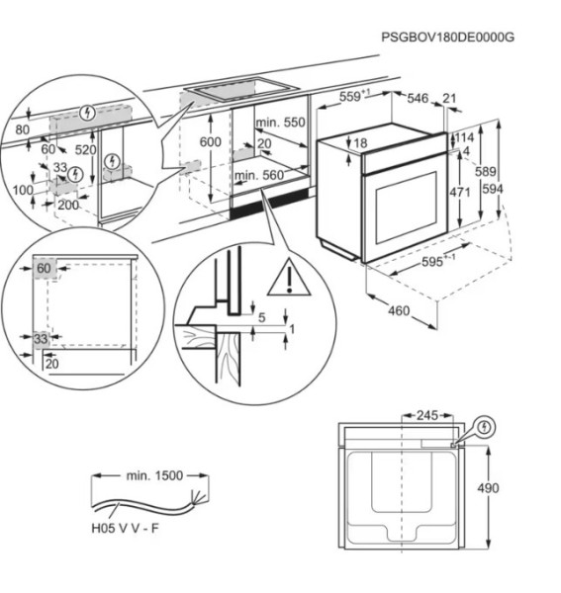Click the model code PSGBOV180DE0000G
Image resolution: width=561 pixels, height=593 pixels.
tap(448, 37)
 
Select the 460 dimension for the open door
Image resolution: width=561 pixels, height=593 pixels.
tap(398, 310)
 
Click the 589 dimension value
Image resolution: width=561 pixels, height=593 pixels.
tap(486, 173)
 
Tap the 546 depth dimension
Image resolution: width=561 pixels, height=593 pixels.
tap(419, 98)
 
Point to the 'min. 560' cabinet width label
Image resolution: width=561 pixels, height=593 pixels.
tap(259, 175)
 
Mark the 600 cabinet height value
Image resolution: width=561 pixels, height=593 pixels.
tap(211, 142)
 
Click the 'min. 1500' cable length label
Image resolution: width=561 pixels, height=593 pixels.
tap(154, 475)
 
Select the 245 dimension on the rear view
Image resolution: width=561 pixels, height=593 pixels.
tap(426, 415)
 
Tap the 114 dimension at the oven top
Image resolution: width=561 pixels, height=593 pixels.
tap(464, 136)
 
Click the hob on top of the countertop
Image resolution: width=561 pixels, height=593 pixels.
tap(242, 90)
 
